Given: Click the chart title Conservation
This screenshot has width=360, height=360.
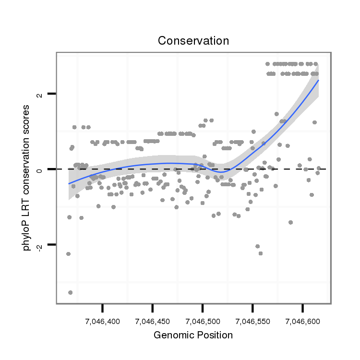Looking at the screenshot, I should pyautogui.click(x=193, y=41).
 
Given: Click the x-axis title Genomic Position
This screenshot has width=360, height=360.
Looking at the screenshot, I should pyautogui.click(x=193, y=335).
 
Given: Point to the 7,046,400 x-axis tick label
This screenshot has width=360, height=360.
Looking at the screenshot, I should pyautogui.click(x=103, y=321).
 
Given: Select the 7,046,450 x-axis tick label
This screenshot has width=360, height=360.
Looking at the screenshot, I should pyautogui.click(x=153, y=321).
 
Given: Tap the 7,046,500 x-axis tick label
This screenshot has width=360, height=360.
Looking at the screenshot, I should pyautogui.click(x=203, y=321).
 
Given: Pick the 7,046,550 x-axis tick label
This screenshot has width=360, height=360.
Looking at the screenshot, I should pyautogui.click(x=252, y=321).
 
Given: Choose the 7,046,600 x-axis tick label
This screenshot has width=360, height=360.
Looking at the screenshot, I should pyautogui.click(x=302, y=321).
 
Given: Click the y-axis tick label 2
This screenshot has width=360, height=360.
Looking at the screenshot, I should pyautogui.click(x=40, y=94).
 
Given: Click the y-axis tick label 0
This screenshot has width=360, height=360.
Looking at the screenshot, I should pyautogui.click(x=40, y=169).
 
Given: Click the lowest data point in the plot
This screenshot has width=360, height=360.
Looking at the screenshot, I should pyautogui.click(x=71, y=292).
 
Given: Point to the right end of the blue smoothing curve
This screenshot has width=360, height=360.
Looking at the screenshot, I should pyautogui.click(x=318, y=80).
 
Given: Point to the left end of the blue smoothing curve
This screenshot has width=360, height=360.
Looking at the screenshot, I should pyautogui.click(x=69, y=183).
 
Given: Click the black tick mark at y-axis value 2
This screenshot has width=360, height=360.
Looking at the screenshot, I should pyautogui.click(x=52, y=94).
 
